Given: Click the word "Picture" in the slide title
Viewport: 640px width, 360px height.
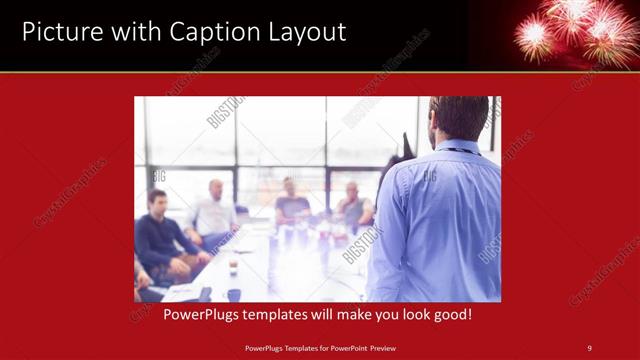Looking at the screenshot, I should point(57,32).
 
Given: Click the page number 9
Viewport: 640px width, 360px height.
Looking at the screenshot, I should point(589,348).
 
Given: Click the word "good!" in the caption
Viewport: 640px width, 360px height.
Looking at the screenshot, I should point(451,314).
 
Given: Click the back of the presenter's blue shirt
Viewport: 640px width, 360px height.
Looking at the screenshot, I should point(440,220).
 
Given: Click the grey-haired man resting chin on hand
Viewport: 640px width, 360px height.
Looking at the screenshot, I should point(352,206).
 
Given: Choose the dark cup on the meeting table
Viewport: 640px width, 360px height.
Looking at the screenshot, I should point(233,294).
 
